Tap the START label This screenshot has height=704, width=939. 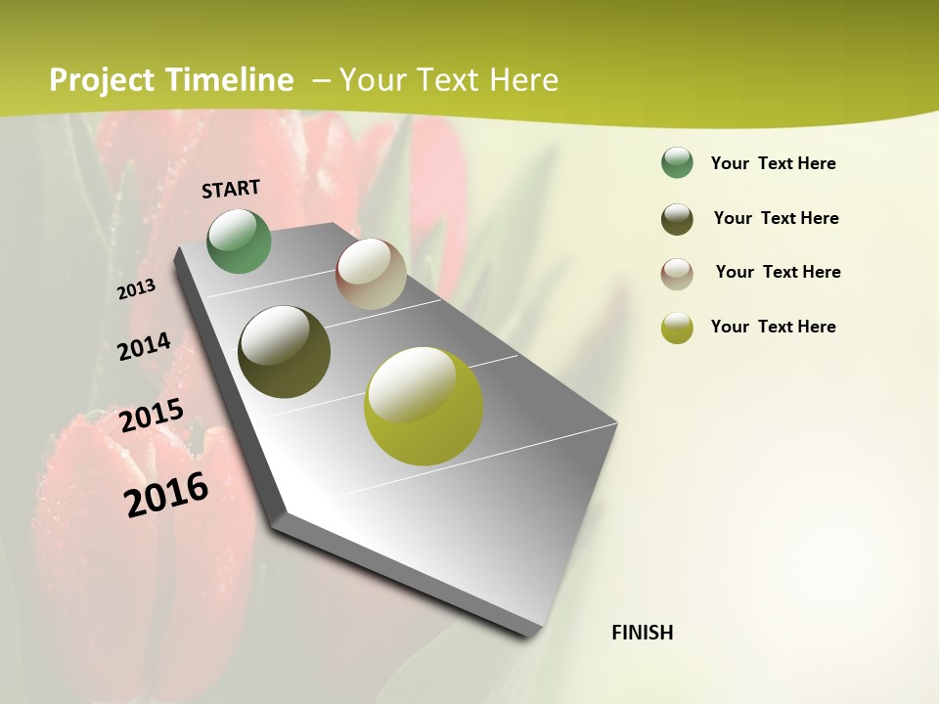pyautogui.click(x=231, y=189)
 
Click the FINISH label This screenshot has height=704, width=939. pyautogui.click(x=643, y=633)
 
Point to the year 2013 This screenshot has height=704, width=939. pyautogui.click(x=137, y=288)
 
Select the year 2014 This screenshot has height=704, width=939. pyautogui.click(x=144, y=346)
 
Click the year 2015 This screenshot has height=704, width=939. pyautogui.click(x=152, y=416)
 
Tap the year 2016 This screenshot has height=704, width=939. pyautogui.click(x=166, y=495)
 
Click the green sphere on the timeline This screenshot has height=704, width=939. pyautogui.click(x=240, y=241)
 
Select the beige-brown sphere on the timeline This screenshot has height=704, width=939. pyautogui.click(x=371, y=274)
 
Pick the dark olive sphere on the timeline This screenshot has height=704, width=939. pyautogui.click(x=284, y=352)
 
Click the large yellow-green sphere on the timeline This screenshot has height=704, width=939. pyautogui.click(x=424, y=406)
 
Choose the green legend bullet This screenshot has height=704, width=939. pyautogui.click(x=677, y=163)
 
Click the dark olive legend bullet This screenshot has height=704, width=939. pyautogui.click(x=677, y=219)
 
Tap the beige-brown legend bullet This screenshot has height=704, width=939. pyautogui.click(x=677, y=274)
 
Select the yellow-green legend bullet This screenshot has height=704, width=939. pyautogui.click(x=677, y=328)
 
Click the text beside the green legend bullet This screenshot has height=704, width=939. pyautogui.click(x=773, y=163)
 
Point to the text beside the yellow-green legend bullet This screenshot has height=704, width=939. pyautogui.click(x=773, y=327)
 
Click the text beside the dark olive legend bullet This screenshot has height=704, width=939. pyautogui.click(x=776, y=218)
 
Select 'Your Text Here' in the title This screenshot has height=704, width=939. pyautogui.click(x=449, y=80)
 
